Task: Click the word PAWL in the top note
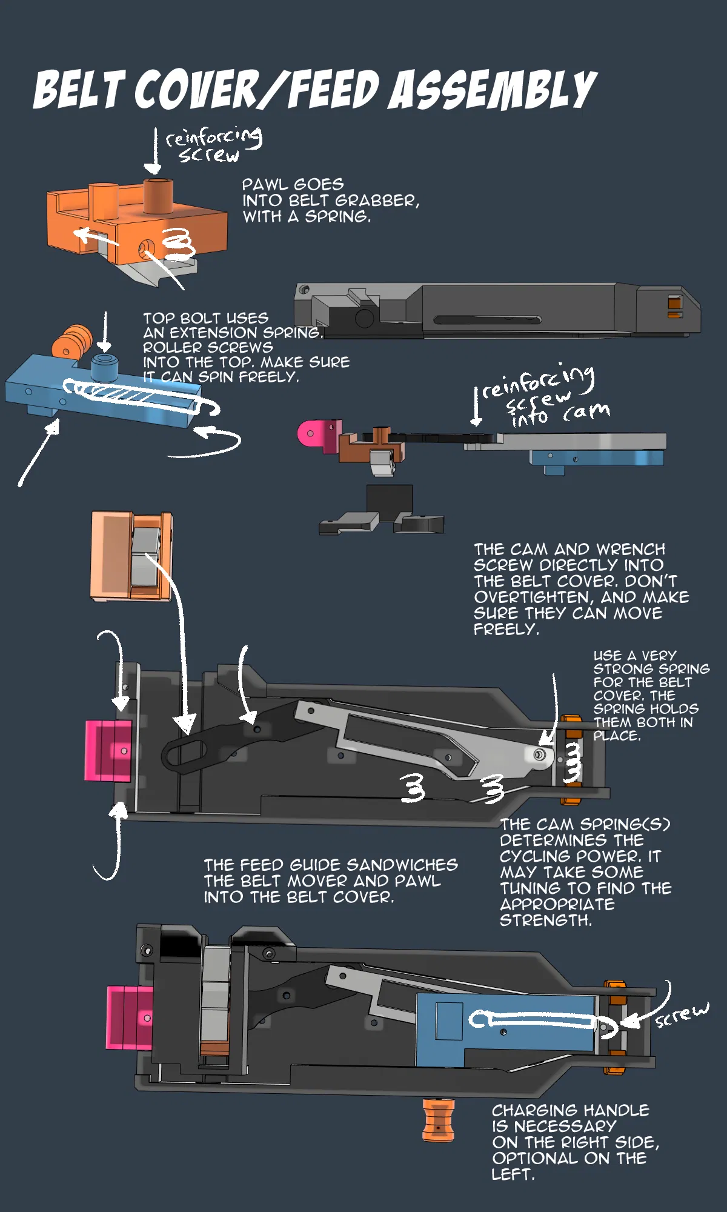(x=262, y=184)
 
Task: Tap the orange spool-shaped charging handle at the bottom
(x=438, y=1120)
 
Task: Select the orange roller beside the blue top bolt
(x=71, y=341)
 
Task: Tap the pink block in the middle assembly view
(x=108, y=750)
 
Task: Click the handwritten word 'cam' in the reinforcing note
(x=586, y=411)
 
